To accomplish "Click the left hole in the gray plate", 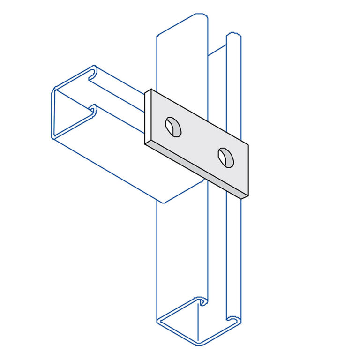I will click(173, 127).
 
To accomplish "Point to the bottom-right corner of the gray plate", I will click(247, 197).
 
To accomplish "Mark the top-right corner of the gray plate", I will click(248, 144).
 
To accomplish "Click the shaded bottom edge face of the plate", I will click(197, 170).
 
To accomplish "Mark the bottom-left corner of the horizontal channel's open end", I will click(53, 137).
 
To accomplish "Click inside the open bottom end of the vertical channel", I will click(197, 323).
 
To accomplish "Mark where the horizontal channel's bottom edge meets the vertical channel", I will click(163, 202).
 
